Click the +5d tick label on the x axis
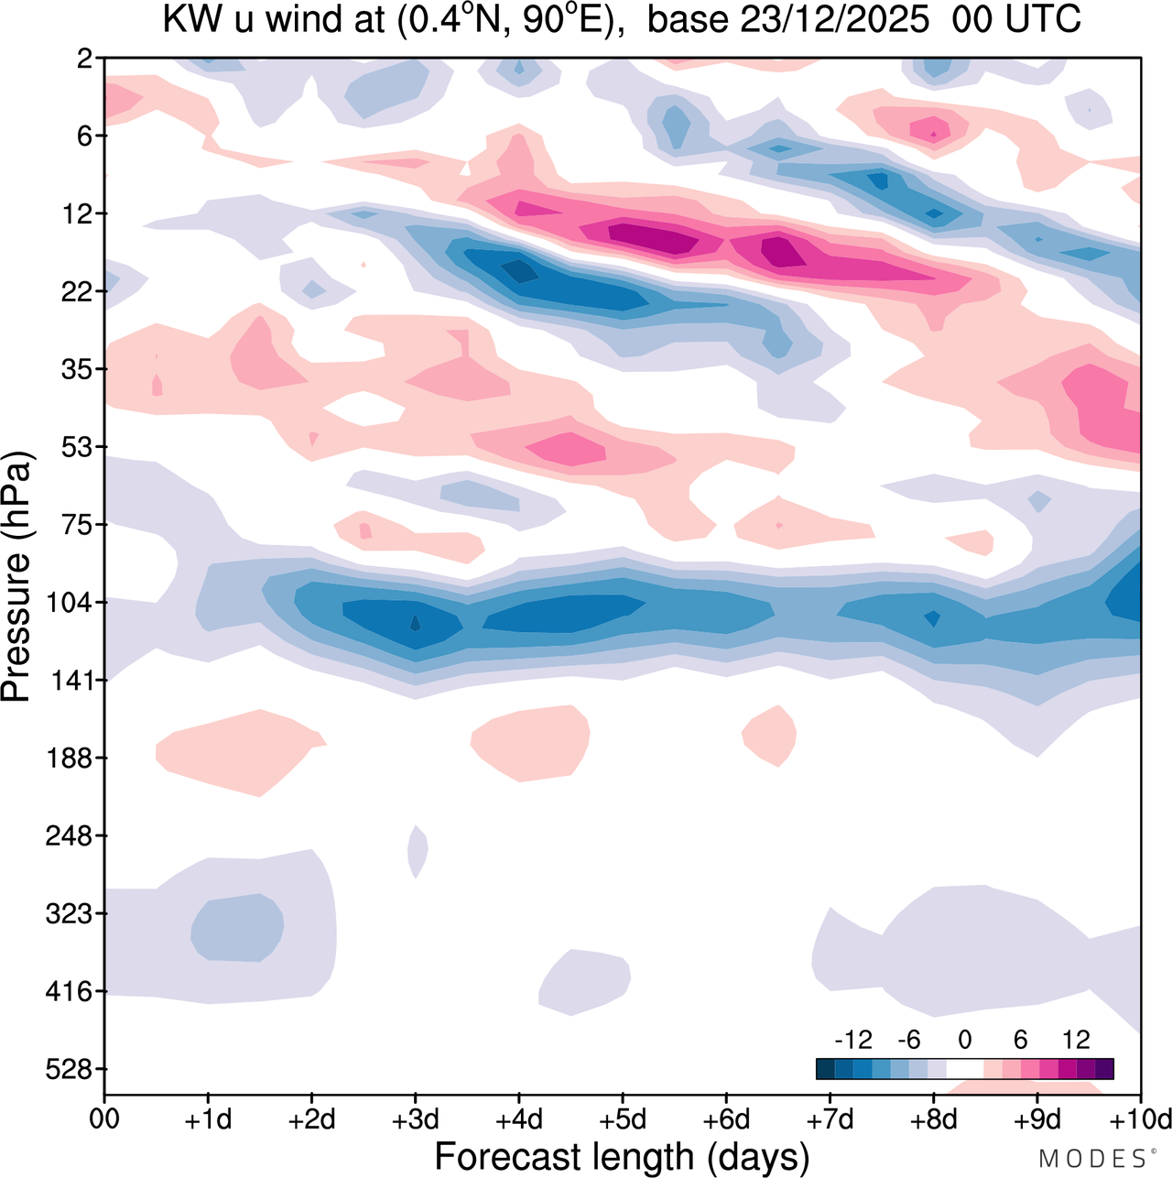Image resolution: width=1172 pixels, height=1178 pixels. tap(623, 1119)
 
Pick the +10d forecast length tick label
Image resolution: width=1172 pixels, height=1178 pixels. tap(1140, 1119)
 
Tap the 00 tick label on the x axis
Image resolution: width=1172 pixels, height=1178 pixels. tap(104, 1119)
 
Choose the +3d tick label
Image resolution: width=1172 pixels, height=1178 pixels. tap(416, 1119)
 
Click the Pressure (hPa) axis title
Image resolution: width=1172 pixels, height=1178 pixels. tap(17, 576)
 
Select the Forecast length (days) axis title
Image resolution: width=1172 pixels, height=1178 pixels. tap(622, 1157)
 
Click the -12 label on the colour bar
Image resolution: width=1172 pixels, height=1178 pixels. tap(852, 1040)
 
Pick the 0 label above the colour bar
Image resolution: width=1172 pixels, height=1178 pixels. tap(965, 1040)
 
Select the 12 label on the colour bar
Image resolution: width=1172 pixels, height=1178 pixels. tap(1076, 1040)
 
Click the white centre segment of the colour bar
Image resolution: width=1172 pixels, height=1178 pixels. tap(964, 1068)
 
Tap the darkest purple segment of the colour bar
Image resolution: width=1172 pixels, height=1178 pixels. tap(1104, 1068)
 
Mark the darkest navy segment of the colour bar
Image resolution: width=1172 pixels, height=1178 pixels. tap(825, 1068)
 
